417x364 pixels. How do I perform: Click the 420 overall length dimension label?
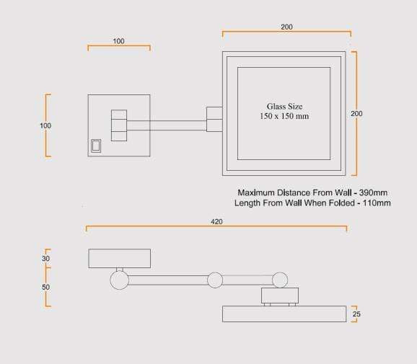(216, 221)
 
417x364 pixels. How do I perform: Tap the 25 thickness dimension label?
(356, 314)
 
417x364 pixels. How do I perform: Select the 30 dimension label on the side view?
(45, 259)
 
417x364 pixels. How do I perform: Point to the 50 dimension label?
(45, 287)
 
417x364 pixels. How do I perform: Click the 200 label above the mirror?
(286, 27)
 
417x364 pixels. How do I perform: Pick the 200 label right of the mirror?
(356, 114)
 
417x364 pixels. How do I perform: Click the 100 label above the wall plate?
(118, 41)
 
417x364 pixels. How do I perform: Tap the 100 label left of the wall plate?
(45, 125)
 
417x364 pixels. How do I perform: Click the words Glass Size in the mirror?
(284, 107)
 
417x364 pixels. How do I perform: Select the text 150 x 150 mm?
(284, 116)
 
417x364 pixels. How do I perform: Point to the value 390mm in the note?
(373, 192)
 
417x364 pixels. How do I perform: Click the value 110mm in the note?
(377, 203)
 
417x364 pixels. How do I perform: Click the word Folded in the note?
(342, 203)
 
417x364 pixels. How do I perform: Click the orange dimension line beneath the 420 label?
(216, 226)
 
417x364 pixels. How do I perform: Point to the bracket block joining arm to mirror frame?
(214, 120)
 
